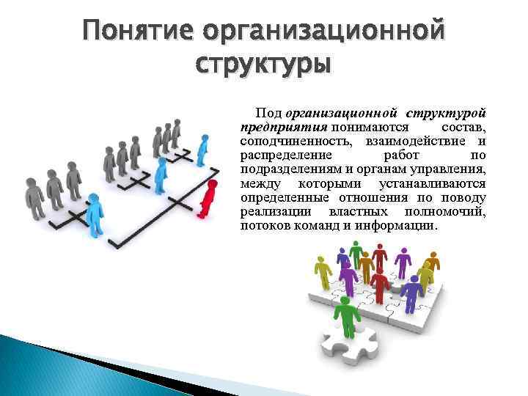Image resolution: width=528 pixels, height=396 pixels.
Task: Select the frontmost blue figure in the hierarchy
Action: tap(94, 213)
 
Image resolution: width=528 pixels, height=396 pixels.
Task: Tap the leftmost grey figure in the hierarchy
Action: tap(34, 196)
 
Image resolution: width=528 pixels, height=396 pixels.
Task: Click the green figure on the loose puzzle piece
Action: tap(345, 318)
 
